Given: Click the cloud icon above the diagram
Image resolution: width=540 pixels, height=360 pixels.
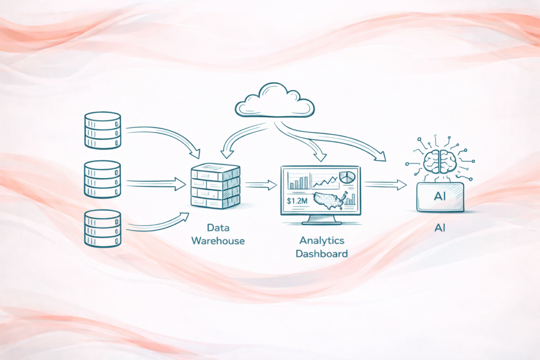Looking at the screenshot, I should coord(275,100).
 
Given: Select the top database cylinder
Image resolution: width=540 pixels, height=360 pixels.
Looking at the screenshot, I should coord(102,130).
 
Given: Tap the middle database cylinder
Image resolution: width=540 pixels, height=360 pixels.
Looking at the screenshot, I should coord(102,180).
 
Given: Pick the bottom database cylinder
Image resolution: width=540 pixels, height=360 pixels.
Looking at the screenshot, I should coord(102,228).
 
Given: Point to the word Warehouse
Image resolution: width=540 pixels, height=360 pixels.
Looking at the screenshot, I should coord(218,241).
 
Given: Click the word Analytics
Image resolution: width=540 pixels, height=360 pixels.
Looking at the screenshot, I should coord(322,240).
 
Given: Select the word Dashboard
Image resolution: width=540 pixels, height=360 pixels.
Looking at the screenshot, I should coord(322,254).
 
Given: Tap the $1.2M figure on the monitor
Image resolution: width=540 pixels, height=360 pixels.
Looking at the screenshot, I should coord(297,200).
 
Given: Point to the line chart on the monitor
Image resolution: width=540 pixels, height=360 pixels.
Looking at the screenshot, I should coord(324,182).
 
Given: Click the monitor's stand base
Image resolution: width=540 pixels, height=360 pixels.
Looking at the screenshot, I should coord(321,221).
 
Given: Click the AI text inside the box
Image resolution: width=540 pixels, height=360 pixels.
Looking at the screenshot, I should coord(440,197).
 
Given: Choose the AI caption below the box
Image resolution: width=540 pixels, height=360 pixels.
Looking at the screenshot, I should coord(440,228).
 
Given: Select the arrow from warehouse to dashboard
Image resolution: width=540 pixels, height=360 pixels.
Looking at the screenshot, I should coord(261,184).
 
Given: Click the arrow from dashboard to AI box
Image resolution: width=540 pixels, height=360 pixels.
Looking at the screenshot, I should coord(385,184).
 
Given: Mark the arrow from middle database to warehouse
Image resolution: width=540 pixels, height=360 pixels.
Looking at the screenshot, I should coord(156,184).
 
